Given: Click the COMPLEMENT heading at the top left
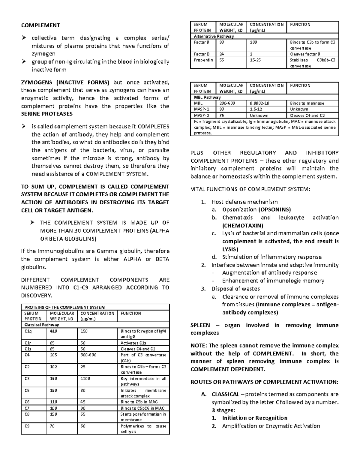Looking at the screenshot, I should point(40,25).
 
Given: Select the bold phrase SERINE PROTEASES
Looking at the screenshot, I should point(46,114).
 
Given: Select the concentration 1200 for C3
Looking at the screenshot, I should point(85,378).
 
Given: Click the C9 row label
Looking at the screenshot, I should point(27,426).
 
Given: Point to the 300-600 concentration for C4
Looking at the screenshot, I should point(88,355).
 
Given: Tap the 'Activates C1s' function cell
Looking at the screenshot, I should point(133,343).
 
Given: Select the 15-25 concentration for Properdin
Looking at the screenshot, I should point(255,60).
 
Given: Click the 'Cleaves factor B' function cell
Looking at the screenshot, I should point(305,54).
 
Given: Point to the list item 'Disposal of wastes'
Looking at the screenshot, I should point(235,289).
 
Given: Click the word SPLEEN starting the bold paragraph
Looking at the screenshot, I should point(200,325).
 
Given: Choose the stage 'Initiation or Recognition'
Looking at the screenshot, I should point(255,418).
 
